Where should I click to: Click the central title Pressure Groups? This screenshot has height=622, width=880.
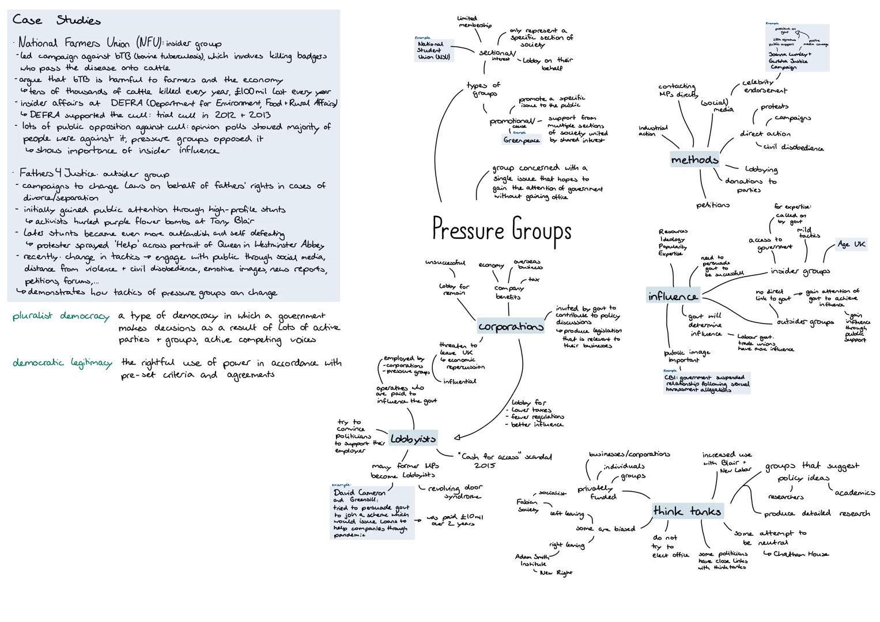(501, 230)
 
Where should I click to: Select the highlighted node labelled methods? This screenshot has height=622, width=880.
(694, 160)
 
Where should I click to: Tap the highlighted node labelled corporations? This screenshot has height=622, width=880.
(511, 327)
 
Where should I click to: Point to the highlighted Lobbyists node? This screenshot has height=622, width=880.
(413, 439)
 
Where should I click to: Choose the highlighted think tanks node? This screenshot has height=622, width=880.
(687, 511)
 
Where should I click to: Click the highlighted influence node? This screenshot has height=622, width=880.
(673, 297)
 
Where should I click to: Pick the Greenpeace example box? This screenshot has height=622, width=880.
(522, 140)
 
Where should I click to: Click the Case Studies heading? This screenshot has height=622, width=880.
(56, 20)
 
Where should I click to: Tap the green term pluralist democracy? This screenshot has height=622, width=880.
(61, 316)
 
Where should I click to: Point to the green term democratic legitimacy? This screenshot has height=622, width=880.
(62, 363)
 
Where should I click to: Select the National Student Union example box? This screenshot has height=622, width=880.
(433, 51)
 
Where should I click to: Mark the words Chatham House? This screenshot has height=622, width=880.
(800, 554)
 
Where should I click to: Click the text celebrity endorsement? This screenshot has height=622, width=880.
(764, 86)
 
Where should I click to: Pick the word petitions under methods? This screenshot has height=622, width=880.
(713, 204)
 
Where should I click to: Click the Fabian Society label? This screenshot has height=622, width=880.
(527, 506)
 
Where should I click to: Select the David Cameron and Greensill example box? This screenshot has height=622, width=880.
(372, 513)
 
